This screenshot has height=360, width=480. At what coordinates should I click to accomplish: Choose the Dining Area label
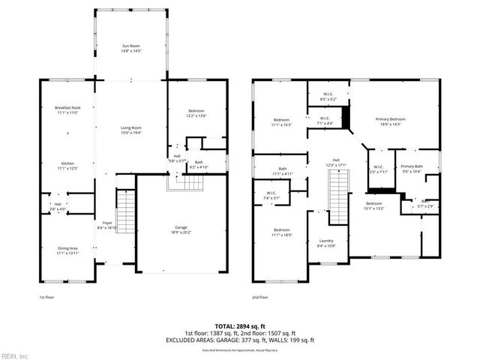click(x=67, y=251)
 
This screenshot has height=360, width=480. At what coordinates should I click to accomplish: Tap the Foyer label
click(x=108, y=224)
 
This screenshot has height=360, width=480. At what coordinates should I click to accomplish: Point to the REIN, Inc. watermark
click(x=15, y=355)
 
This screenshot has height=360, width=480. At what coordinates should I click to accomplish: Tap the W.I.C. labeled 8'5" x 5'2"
click(x=328, y=96)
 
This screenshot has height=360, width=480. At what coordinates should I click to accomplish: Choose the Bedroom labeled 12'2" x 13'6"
click(x=195, y=114)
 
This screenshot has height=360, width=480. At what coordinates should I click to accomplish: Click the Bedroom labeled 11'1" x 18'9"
click(x=282, y=232)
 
